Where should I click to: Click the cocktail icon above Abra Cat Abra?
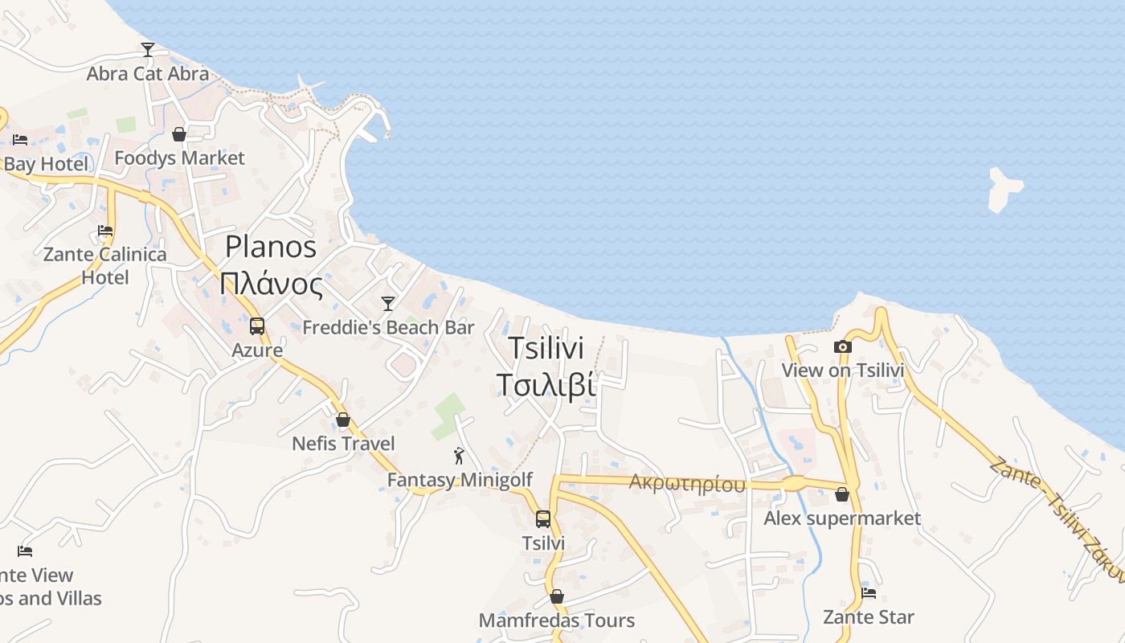tap(148, 50)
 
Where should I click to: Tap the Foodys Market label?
tap(179, 158)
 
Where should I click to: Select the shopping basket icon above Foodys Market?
tap(179, 134)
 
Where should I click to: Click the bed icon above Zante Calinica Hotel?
tap(105, 231)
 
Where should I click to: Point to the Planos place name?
tap(271, 247)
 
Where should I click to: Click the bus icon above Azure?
tap(257, 326)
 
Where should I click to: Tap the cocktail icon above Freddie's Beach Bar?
tap(388, 303)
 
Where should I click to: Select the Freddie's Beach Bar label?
tap(388, 328)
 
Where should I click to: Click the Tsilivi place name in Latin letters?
tap(546, 349)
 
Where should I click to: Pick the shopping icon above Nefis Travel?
tap(343, 420)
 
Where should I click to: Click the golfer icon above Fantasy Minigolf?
tap(459, 457)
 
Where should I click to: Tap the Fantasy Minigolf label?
tap(460, 480)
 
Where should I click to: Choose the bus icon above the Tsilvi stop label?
tap(543, 519)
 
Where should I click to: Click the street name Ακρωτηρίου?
tap(687, 483)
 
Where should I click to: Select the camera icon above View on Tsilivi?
tap(842, 346)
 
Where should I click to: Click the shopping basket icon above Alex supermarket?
tap(842, 494)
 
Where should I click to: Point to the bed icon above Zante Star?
tap(869, 593)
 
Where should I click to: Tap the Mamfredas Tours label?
tap(556, 620)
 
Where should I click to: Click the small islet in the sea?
tap(1004, 189)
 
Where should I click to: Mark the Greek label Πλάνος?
tap(271, 285)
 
